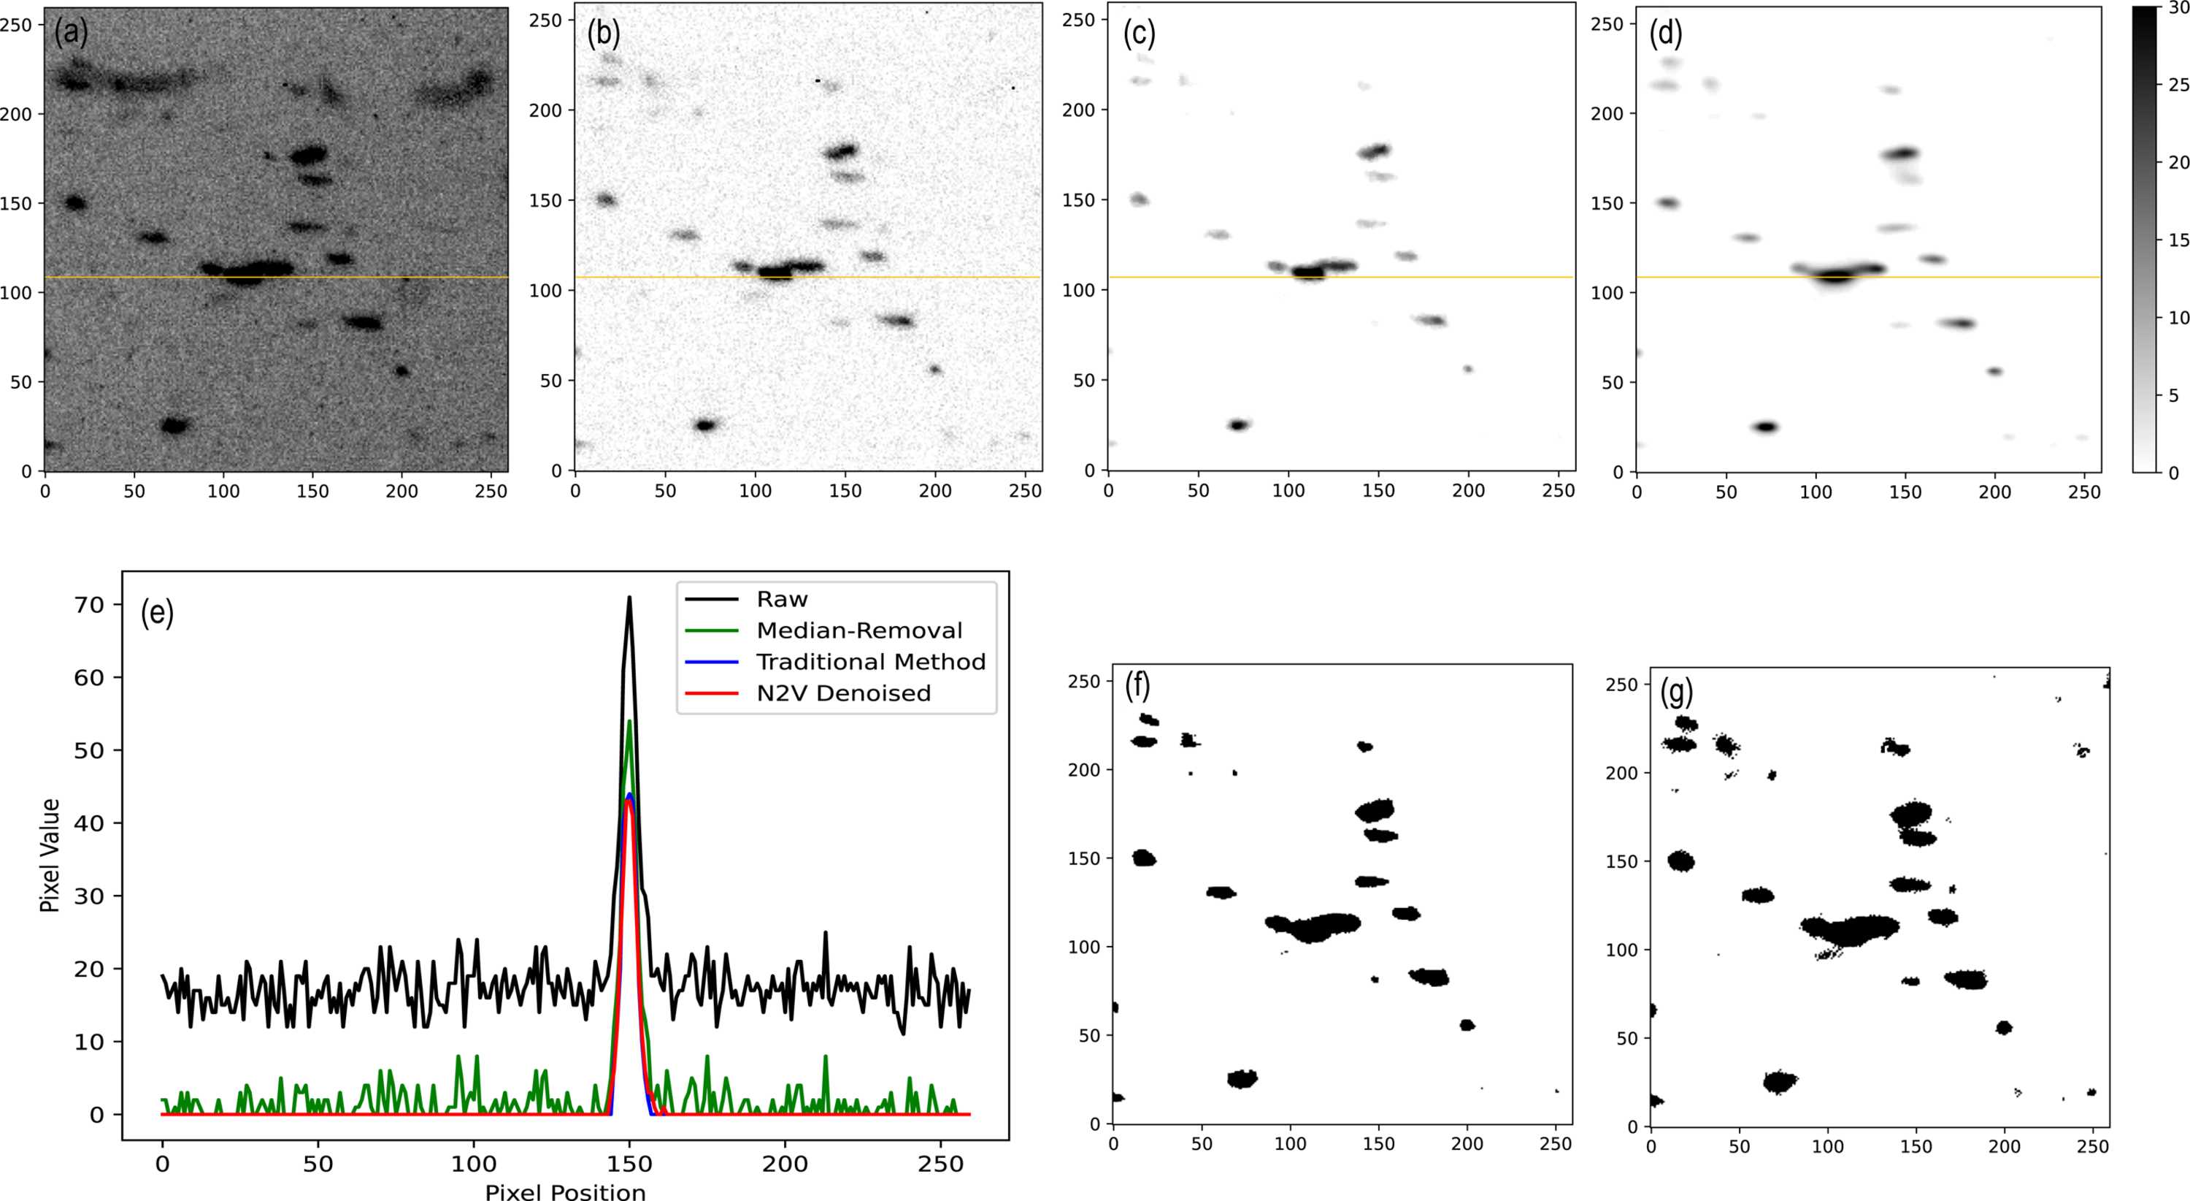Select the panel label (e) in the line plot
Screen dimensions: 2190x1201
(157, 612)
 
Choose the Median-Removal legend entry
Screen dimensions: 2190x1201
(823, 630)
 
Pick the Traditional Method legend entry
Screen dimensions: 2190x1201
(836, 662)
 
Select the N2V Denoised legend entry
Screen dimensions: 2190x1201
(807, 693)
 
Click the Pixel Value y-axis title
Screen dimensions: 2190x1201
(50, 855)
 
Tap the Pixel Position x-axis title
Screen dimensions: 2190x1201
(565, 1191)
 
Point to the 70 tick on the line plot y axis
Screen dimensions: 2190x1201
(89, 605)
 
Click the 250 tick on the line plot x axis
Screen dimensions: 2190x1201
(941, 1164)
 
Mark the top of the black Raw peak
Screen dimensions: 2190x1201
(629, 597)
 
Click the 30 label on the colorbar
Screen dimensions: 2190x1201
(2178, 7)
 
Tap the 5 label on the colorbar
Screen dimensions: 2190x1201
(2175, 395)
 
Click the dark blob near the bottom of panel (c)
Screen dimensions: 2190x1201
(1239, 424)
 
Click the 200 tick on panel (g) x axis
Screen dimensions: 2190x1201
(2004, 1146)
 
